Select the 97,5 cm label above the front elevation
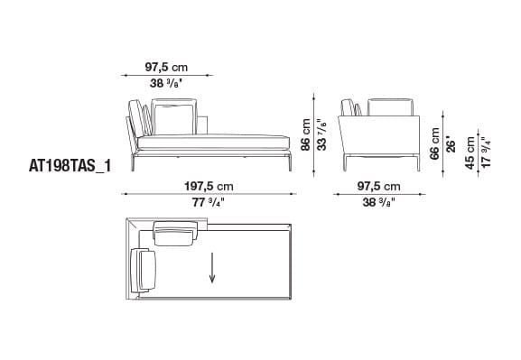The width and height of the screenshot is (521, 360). [x=168, y=66]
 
